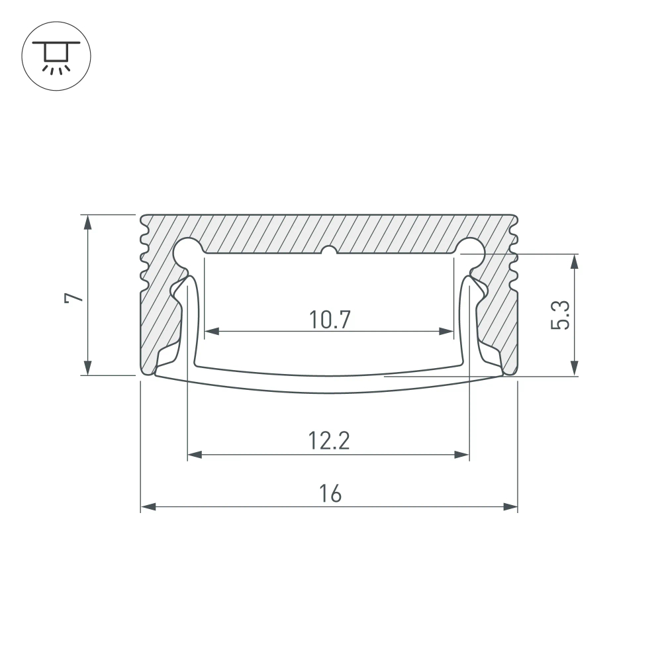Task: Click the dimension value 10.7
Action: tap(329, 320)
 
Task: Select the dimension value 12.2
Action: tap(328, 441)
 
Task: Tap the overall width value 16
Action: tap(329, 494)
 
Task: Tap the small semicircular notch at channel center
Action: tap(329, 251)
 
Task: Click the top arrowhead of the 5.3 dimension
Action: tap(574, 261)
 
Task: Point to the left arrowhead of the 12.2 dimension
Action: tap(195, 455)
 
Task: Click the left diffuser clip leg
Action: tap(191, 318)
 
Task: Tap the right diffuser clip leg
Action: tap(467, 318)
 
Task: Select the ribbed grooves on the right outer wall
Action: tap(514, 258)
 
